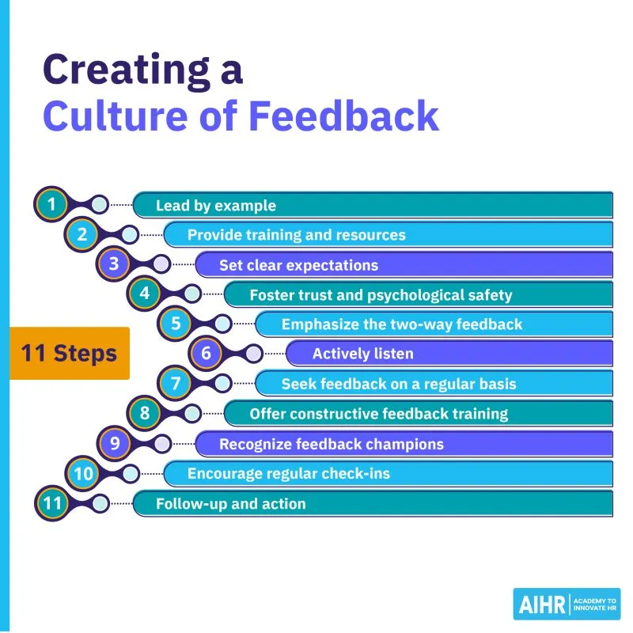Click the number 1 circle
coord(51,205)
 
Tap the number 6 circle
coord(206,353)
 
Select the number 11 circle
coord(51,502)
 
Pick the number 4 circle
coord(144,294)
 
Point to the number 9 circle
coord(114,442)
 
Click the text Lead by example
coord(215,206)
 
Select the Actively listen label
coord(362,354)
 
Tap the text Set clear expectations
coord(298,265)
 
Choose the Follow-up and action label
coord(230,503)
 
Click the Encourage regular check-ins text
coord(288,473)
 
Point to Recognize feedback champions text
coord(331,444)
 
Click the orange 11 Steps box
coord(70,353)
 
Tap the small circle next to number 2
coord(129,235)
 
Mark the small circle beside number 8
coord(192,413)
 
